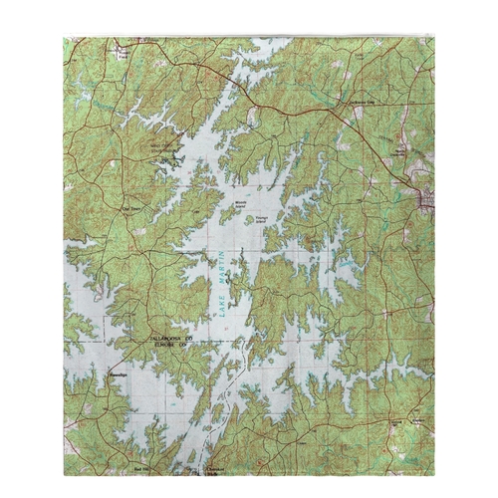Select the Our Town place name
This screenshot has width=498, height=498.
tap(130, 209)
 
